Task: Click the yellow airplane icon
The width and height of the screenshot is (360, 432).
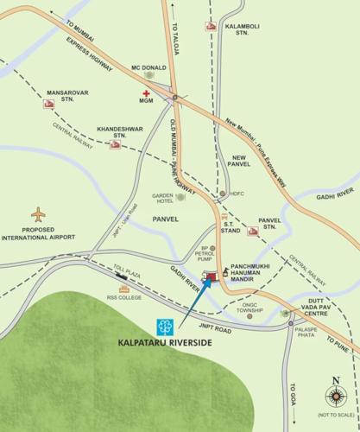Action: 38,213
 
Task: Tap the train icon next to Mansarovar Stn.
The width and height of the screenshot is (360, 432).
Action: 49,104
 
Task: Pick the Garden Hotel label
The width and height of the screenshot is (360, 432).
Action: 163,198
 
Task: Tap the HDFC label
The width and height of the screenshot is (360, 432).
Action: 238,193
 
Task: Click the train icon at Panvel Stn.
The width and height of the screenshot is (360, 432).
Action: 253,231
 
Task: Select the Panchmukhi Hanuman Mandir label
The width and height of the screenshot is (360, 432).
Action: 256,273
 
